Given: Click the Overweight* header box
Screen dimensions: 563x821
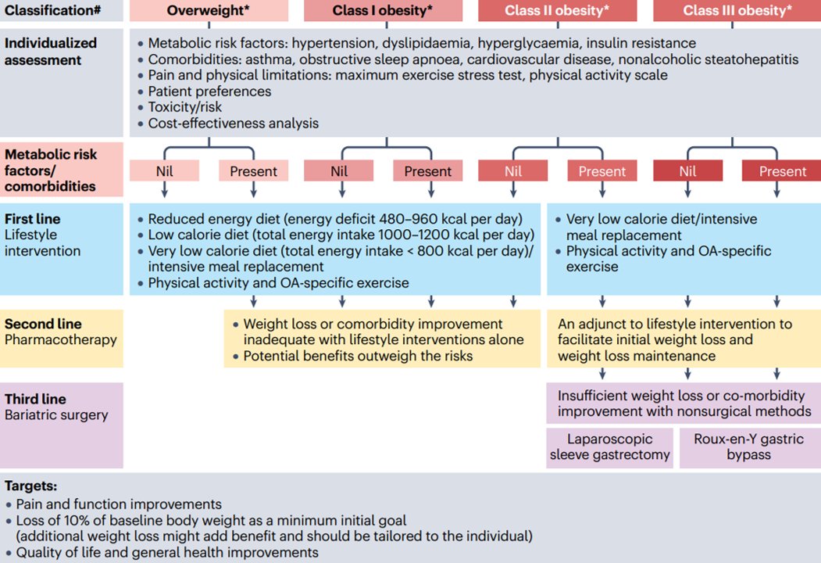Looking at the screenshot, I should pyautogui.click(x=209, y=11).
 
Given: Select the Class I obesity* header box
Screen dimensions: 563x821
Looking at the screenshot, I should pyautogui.click(x=383, y=11).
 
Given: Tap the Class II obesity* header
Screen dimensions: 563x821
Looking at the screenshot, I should pyautogui.click(x=557, y=11).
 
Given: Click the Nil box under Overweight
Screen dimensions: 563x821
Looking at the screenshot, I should pyautogui.click(x=164, y=171).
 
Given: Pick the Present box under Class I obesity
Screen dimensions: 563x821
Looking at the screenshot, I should pyautogui.click(x=427, y=171).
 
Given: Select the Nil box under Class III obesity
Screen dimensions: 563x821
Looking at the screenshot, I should pyautogui.click(x=688, y=171).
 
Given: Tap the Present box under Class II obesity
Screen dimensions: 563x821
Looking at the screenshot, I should pyautogui.click(x=601, y=171).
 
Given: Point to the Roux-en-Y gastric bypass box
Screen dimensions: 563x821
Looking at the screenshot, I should pyautogui.click(x=748, y=447).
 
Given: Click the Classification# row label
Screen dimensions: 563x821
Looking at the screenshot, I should pyautogui.click(x=47, y=11).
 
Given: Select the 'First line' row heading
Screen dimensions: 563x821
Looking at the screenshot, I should pyautogui.click(x=32, y=219).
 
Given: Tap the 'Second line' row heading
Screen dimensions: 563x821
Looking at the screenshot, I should pyautogui.click(x=43, y=324).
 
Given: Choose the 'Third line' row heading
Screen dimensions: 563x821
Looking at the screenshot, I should pyautogui.click(x=36, y=399).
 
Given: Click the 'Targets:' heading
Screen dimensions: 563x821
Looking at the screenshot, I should pyautogui.click(x=30, y=486).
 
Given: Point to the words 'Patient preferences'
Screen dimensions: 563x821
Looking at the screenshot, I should pyautogui.click(x=209, y=91).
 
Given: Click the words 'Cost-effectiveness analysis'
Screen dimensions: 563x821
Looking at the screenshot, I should pyautogui.click(x=233, y=124).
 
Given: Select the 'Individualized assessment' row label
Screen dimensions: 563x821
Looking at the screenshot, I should pyautogui.click(x=51, y=51).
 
